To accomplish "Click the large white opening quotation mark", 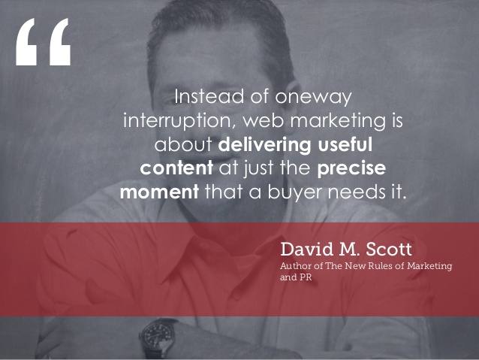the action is (x=43, y=41).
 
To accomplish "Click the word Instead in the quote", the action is (x=209, y=96).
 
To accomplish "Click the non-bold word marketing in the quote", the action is (x=338, y=121).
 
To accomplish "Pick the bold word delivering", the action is (x=264, y=145).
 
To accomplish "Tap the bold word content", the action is (x=176, y=168).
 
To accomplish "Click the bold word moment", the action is (x=159, y=192).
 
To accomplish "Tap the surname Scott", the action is (x=389, y=250).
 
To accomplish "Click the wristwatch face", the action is (x=158, y=334).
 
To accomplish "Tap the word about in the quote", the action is (x=183, y=144).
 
